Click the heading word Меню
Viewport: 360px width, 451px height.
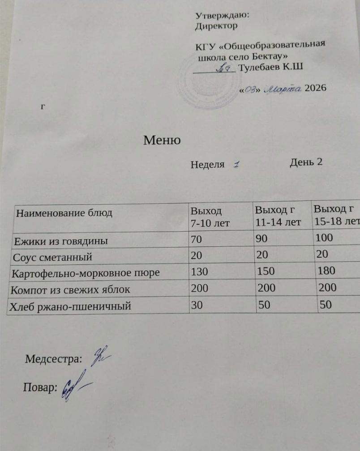162,140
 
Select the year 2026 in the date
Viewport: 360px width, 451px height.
315,88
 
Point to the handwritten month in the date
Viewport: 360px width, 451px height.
284,89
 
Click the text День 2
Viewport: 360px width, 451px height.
306,162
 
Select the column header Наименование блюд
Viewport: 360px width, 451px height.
64,213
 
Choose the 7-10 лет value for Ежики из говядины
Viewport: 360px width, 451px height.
196,239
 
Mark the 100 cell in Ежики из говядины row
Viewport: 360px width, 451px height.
324,238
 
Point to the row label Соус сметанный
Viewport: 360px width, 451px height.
53,257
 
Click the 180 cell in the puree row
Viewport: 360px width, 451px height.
326,271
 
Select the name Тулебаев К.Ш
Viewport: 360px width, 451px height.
271,68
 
